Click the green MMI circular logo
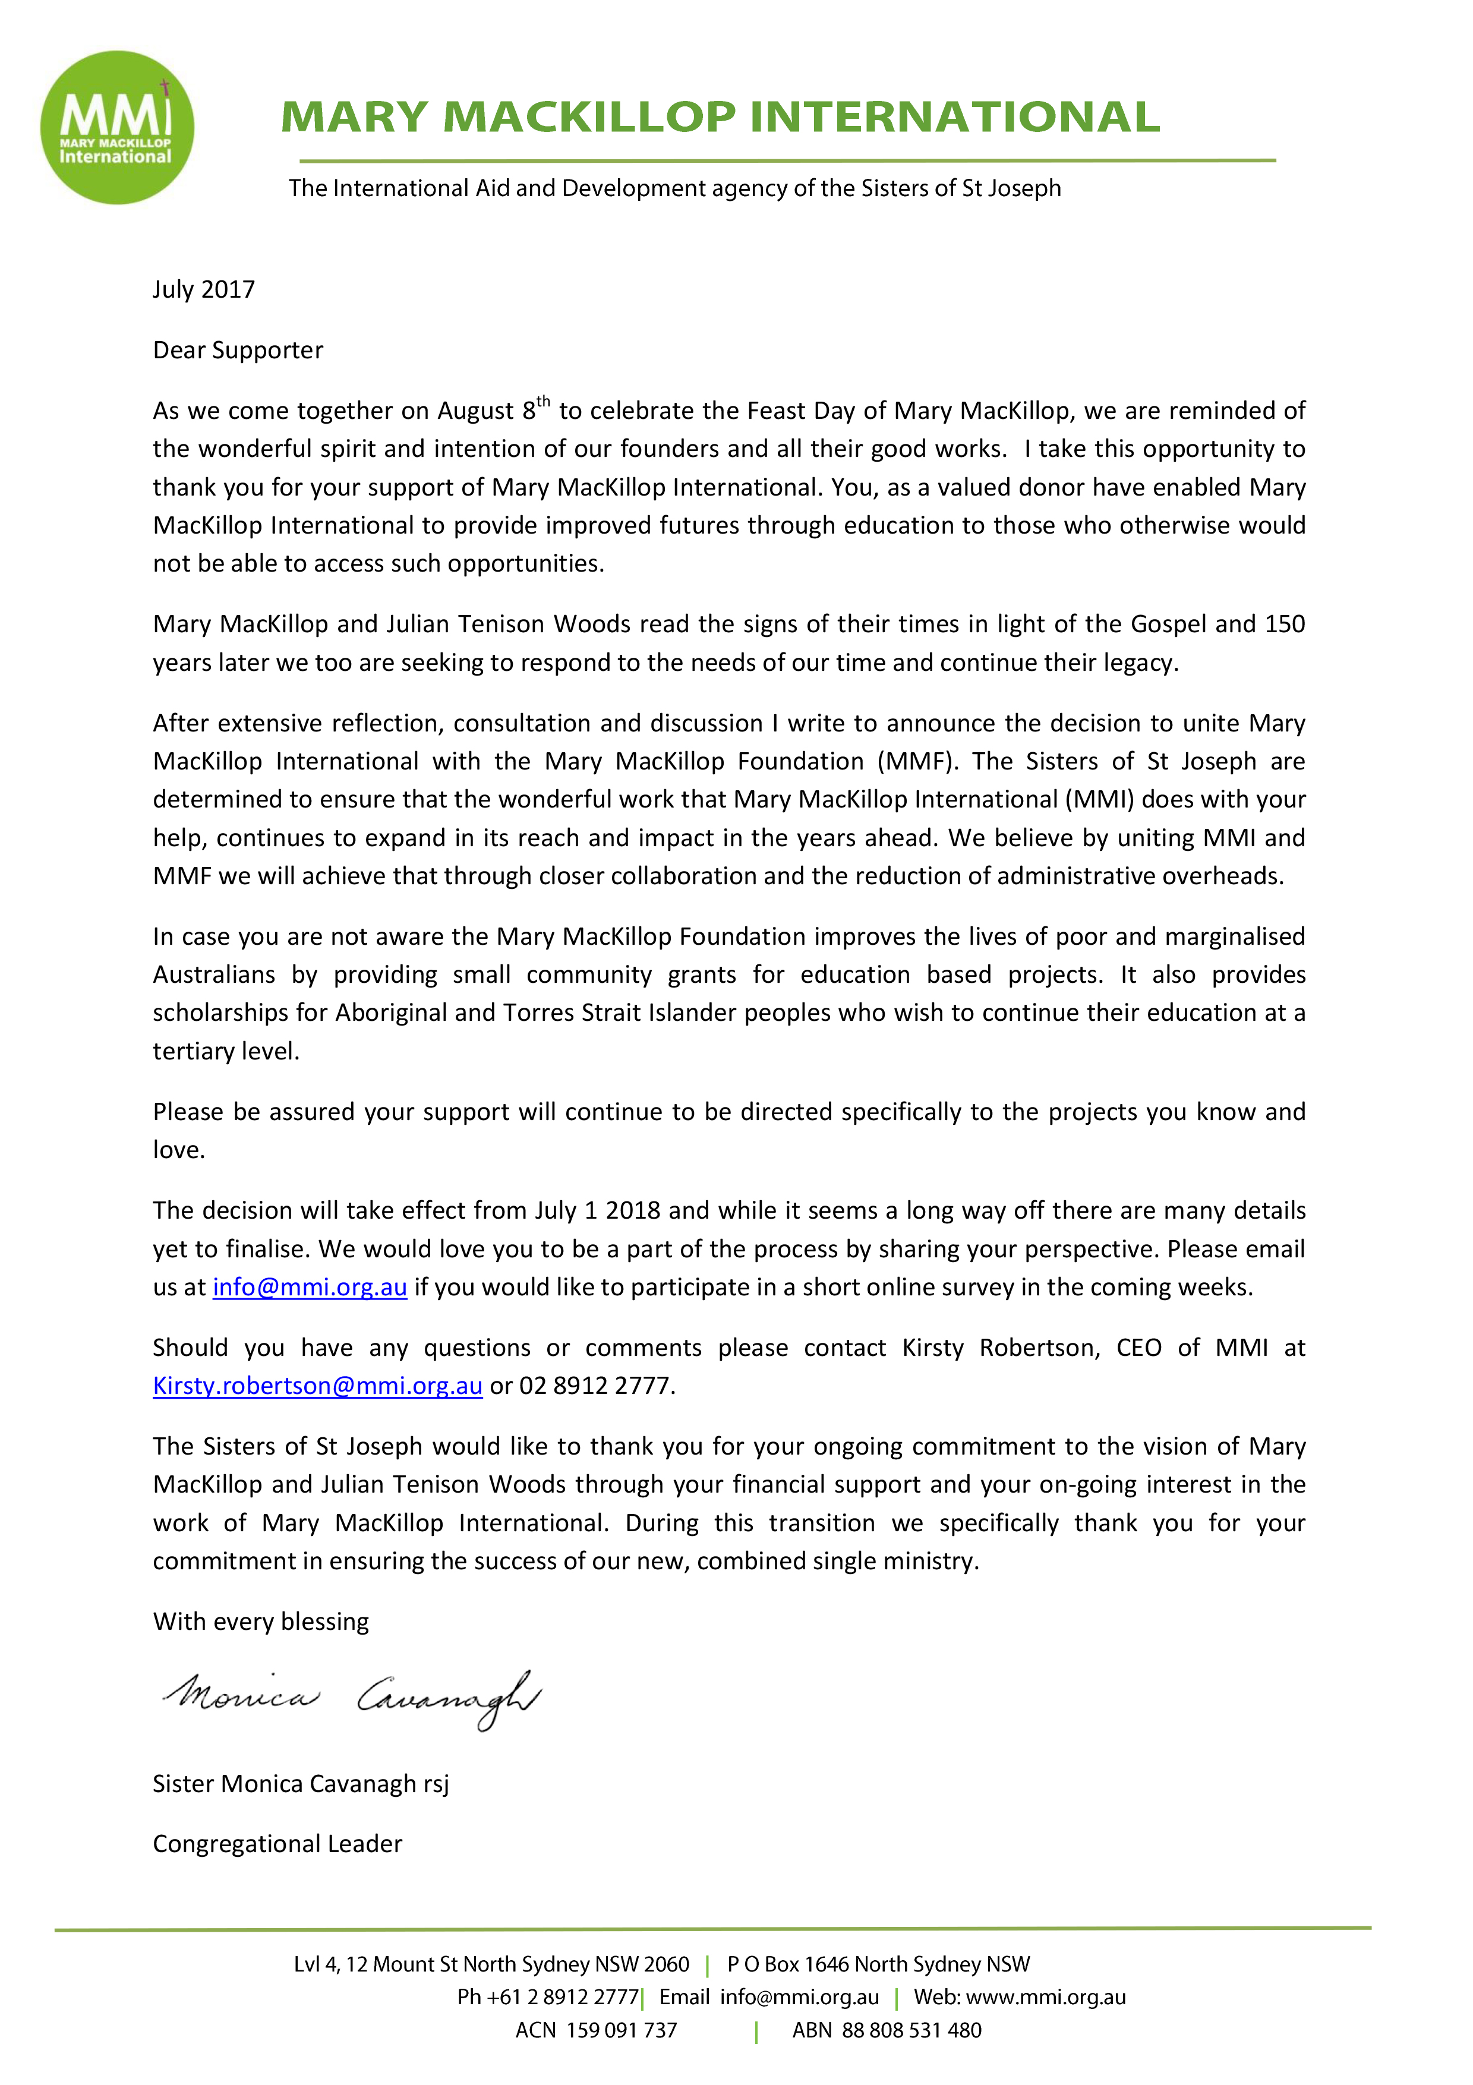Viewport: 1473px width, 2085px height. click(x=117, y=127)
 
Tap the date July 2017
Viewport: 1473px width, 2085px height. click(x=203, y=290)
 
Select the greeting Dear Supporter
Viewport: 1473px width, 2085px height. click(x=238, y=351)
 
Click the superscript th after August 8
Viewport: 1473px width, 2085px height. click(x=543, y=402)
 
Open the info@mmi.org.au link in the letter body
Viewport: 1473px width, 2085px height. click(x=310, y=1288)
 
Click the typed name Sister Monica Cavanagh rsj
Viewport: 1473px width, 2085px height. click(x=301, y=1784)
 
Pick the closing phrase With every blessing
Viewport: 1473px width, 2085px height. click(x=261, y=1622)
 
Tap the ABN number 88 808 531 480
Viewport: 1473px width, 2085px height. click(x=911, y=2030)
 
